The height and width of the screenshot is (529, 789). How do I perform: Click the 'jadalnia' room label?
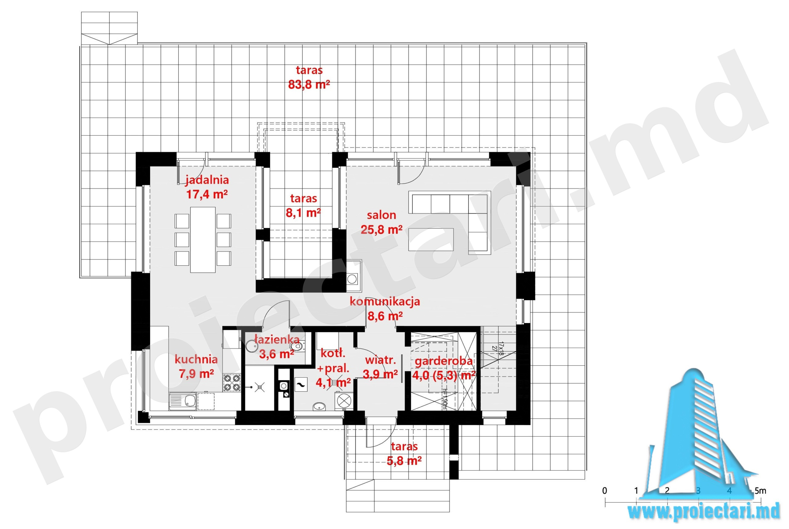coord(207,180)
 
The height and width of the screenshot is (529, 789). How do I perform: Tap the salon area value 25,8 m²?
coord(382,230)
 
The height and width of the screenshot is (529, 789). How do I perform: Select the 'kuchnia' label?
coord(196,359)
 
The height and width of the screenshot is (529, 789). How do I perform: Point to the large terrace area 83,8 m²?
coord(309,84)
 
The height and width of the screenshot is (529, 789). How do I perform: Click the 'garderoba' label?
coord(444,361)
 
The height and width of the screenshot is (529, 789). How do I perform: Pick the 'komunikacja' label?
coord(385,301)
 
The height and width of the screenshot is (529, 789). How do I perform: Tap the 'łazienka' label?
coord(277,339)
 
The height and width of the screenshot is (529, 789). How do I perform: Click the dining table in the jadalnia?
coord(203,240)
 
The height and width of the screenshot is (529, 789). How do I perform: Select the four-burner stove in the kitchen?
coord(232,383)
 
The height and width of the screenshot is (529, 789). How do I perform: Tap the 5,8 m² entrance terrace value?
coord(404,461)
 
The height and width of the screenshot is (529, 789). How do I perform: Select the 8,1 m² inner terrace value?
coord(303,212)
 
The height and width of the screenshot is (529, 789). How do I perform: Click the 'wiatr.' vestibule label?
coord(380,360)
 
